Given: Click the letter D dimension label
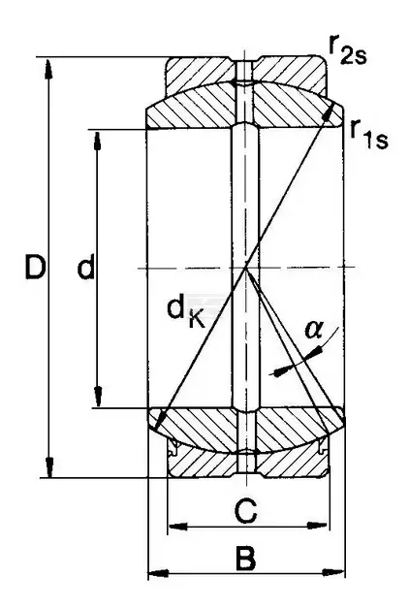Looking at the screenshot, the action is pyautogui.click(x=35, y=267).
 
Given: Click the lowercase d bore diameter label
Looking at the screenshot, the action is pyautogui.click(x=85, y=267).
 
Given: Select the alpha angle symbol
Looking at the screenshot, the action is pyautogui.click(x=314, y=330).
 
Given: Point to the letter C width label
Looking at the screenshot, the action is pyautogui.click(x=246, y=511).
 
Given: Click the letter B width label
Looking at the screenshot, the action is pyautogui.click(x=245, y=559).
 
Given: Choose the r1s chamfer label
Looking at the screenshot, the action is pyautogui.click(x=368, y=135).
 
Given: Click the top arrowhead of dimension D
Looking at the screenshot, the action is pyautogui.click(x=48, y=70).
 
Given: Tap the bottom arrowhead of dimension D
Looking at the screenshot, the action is pyautogui.click(x=48, y=466).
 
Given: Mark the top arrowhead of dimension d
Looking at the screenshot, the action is pyautogui.click(x=97, y=142).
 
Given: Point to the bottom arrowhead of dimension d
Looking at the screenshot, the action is pyautogui.click(x=98, y=397).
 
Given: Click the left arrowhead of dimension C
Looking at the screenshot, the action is pyautogui.click(x=178, y=527).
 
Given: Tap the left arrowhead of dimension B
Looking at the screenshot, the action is pyautogui.click(x=159, y=573).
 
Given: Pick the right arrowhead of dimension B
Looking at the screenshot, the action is pyautogui.click(x=333, y=572).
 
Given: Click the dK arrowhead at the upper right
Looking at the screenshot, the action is pyautogui.click(x=331, y=112).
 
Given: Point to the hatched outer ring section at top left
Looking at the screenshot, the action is pyautogui.click(x=200, y=76).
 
